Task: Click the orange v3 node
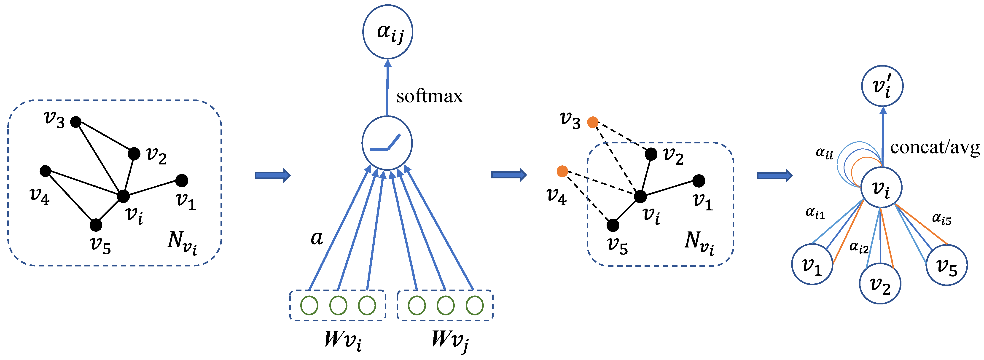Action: [x=592, y=122]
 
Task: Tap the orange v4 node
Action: [x=562, y=171]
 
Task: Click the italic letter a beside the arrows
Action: [x=317, y=238]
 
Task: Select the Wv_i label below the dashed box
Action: [x=343, y=339]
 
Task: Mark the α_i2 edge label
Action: [x=859, y=247]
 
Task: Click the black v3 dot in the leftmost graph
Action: [x=76, y=122]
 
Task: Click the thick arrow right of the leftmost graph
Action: [x=272, y=175]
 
